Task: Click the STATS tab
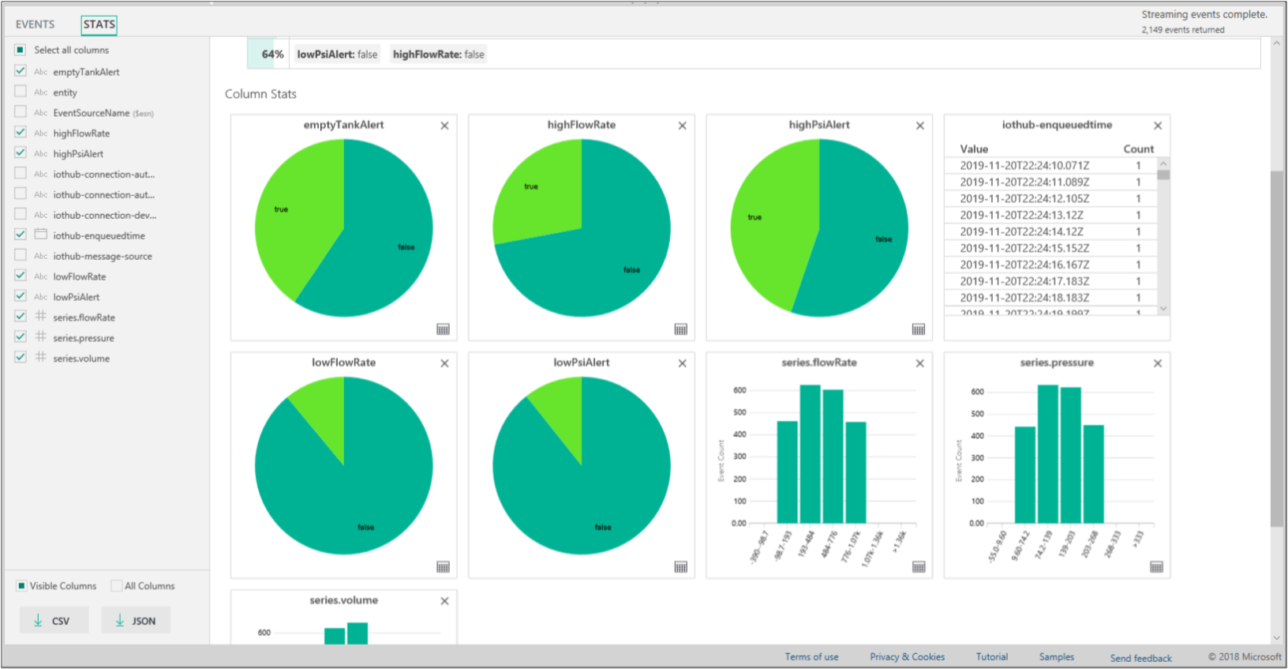(99, 24)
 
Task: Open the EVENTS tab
(35, 24)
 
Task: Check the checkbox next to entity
(21, 92)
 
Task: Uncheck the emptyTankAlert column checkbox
(21, 71)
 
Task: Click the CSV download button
(54, 621)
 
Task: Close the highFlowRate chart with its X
(682, 126)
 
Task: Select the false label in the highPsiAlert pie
(883, 239)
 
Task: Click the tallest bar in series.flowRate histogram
(810, 454)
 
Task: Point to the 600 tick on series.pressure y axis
(977, 392)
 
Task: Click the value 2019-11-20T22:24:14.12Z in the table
(1021, 231)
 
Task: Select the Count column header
(1138, 148)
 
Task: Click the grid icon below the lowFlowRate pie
(444, 567)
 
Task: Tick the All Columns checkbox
(117, 586)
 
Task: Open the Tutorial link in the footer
(991, 657)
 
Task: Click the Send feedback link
(1140, 658)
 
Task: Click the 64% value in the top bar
(272, 54)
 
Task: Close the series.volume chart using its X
(444, 601)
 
